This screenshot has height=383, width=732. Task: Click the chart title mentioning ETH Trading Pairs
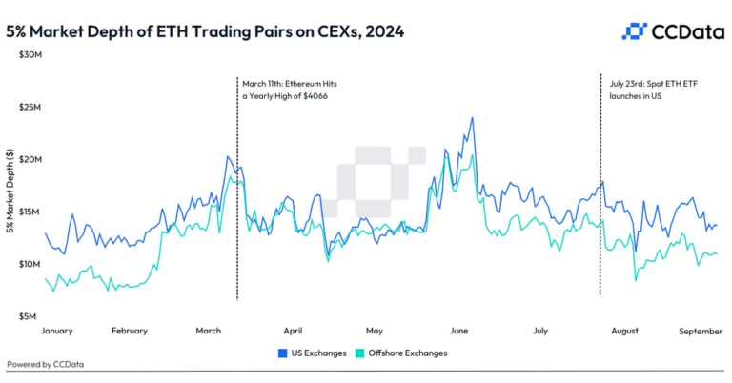click(205, 31)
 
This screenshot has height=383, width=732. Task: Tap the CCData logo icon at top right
click(634, 31)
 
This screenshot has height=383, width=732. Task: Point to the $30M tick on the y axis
click(30, 54)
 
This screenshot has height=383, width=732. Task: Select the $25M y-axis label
click(30, 107)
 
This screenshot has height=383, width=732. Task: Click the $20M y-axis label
click(30, 159)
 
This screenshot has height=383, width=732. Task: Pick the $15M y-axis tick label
click(30, 212)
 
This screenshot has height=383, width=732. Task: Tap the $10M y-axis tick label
click(30, 264)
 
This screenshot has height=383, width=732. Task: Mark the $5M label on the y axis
click(31, 316)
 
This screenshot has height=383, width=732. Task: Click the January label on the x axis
click(58, 331)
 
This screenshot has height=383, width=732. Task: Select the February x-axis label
click(130, 331)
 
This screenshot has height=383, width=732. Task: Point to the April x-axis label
click(294, 331)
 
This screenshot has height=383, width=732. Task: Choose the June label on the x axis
click(458, 331)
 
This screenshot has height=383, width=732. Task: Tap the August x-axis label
click(624, 331)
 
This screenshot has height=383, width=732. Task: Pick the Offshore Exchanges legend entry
click(399, 353)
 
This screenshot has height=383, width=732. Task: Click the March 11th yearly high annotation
click(289, 91)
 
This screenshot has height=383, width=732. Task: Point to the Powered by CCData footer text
click(44, 364)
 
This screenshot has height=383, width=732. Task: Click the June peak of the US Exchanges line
click(472, 118)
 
